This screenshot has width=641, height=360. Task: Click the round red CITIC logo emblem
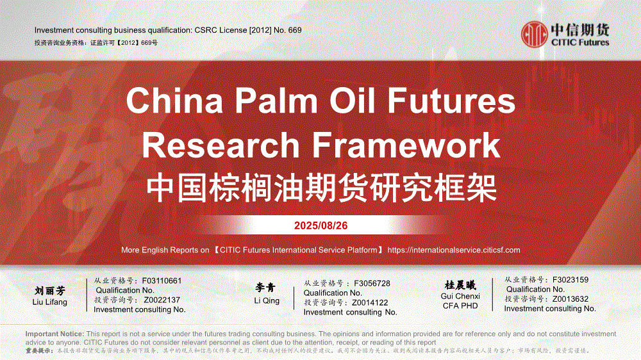pos(535,35)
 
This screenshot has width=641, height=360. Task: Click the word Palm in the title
pos(276,101)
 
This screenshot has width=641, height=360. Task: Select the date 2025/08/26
pos(321,225)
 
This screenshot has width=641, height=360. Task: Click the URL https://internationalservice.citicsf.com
pos(454,250)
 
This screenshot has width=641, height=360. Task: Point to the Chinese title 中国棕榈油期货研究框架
pos(321,188)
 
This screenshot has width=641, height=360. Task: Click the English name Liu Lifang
pos(49,302)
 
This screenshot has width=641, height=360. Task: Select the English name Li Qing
pos(267,301)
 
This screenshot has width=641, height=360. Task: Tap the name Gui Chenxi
pos(460,296)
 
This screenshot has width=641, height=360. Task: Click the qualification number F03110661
pos(162,281)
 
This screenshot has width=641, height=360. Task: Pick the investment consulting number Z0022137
pos(162,300)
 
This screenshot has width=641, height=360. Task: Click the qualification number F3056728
pos(372,284)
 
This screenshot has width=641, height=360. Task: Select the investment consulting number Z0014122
pos(370,303)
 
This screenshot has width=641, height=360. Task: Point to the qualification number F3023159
pos(570,280)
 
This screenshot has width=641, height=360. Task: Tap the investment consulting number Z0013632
pos(570,299)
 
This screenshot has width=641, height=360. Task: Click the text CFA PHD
pos(460,306)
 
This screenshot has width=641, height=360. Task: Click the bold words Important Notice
pos(54,334)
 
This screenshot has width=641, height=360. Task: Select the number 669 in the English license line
pos(294,30)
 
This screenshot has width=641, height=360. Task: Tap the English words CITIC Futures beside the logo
pos(580,42)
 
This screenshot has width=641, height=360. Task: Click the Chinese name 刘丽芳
pos(49,291)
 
